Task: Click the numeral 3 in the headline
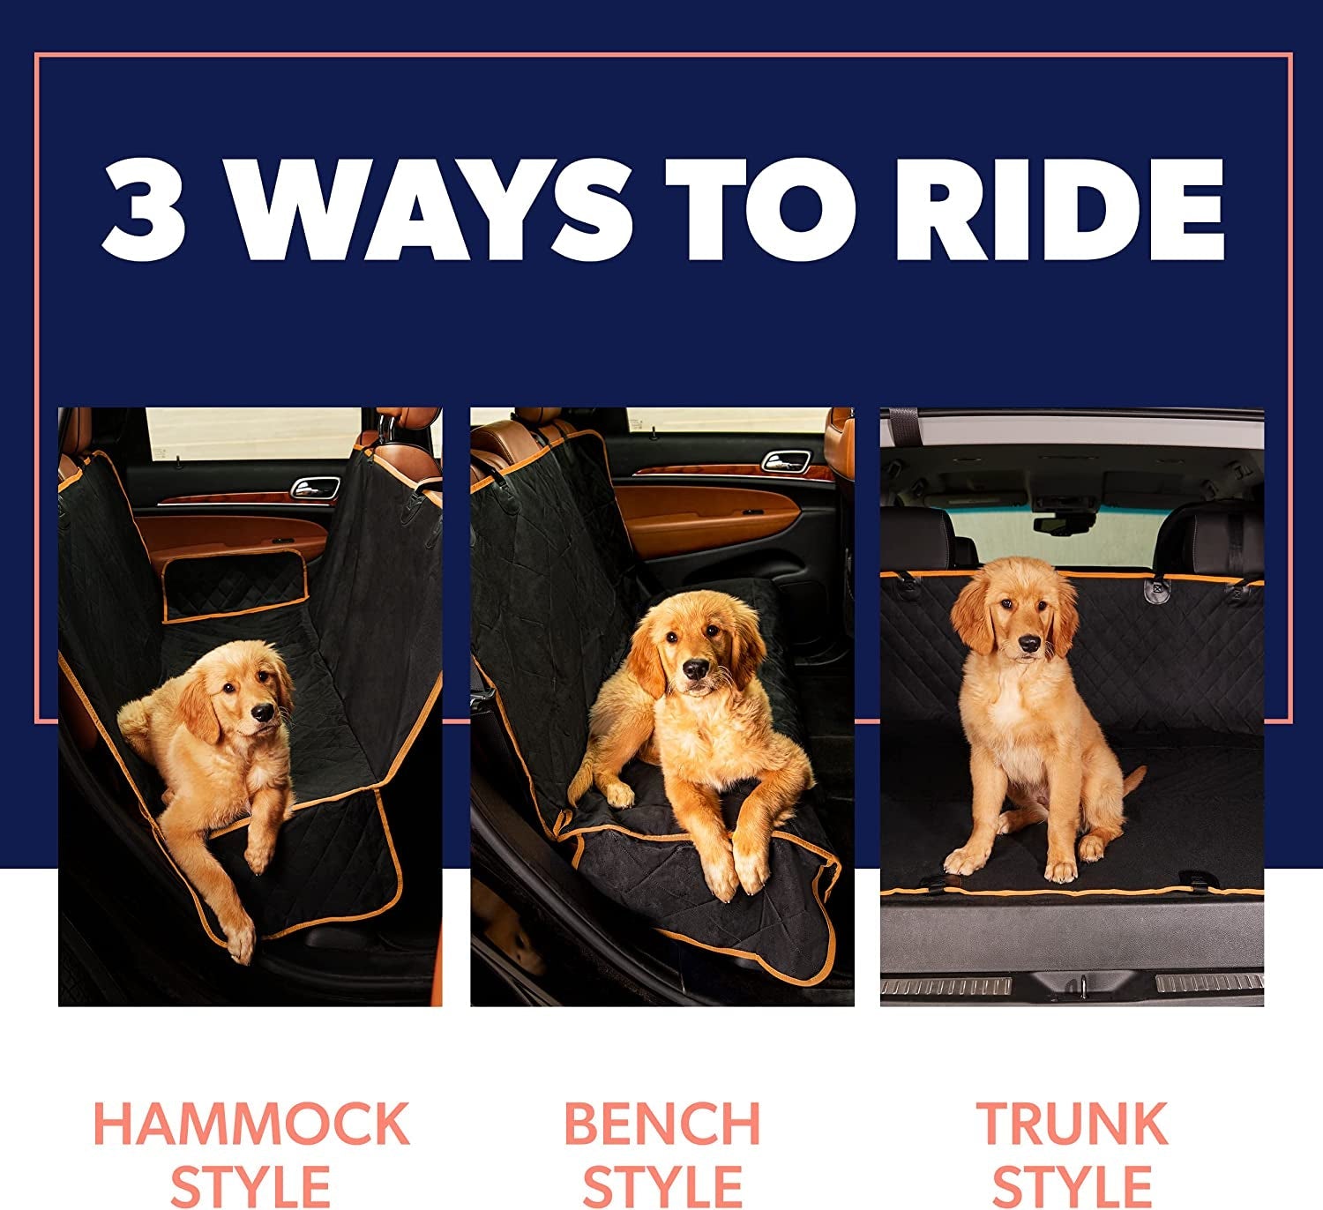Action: tap(144, 210)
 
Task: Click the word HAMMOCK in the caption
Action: tap(251, 1124)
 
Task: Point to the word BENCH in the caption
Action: tap(661, 1124)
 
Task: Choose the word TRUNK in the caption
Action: tap(1072, 1124)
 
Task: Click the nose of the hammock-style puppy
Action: tap(262, 712)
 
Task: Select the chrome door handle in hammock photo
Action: tap(315, 487)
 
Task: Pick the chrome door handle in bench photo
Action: tap(785, 460)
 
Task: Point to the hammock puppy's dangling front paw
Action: tap(239, 946)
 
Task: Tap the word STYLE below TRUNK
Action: tap(1072, 1186)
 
